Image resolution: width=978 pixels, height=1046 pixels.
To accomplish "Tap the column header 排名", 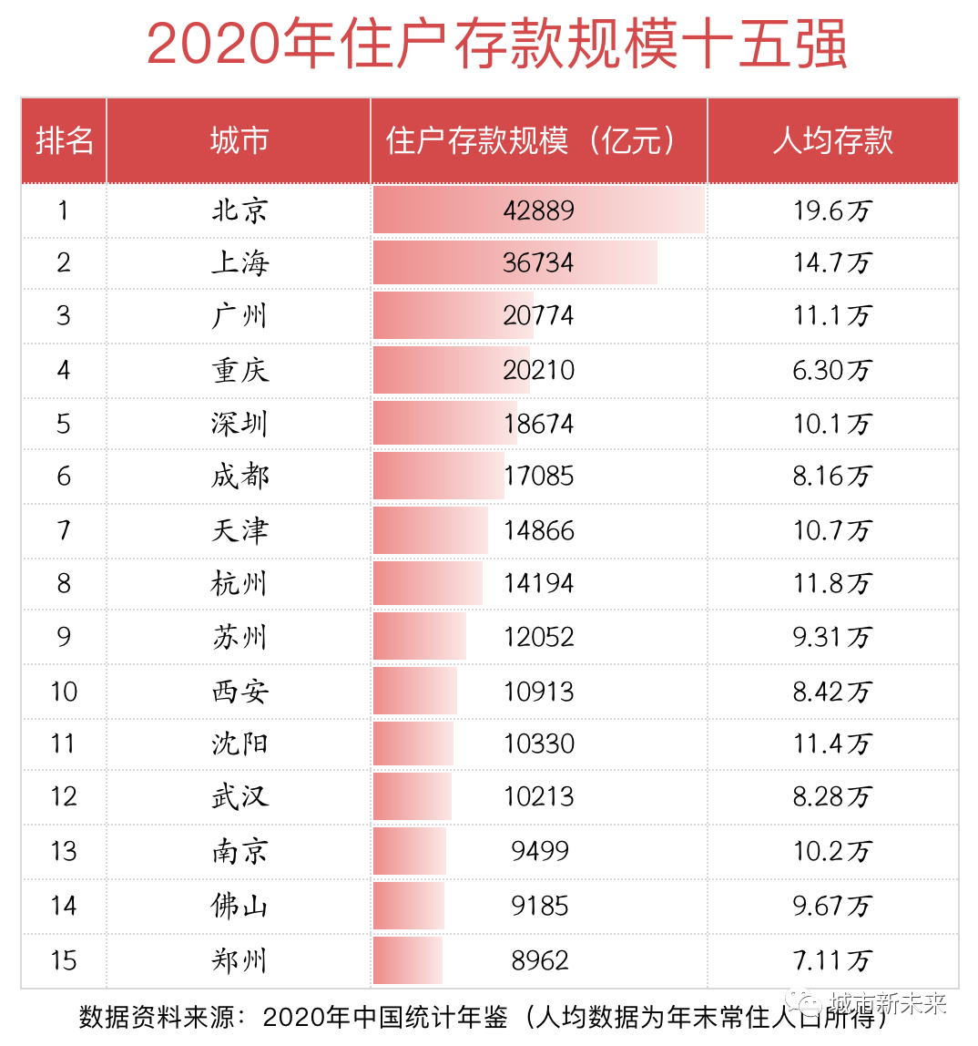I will click(64, 141).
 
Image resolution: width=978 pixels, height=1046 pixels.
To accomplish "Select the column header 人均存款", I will click(832, 141).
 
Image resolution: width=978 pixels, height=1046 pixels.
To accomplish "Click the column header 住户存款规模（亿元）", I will click(538, 141).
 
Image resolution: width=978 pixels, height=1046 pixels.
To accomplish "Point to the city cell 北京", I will click(239, 210).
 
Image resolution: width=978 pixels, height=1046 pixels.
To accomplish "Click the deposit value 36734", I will click(538, 263).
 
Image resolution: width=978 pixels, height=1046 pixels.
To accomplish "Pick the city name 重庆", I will click(239, 370).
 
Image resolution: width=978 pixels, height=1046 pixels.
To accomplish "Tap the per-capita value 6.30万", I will click(832, 370).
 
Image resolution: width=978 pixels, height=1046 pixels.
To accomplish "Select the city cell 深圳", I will click(239, 424).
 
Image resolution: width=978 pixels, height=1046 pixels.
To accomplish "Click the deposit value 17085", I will click(538, 477).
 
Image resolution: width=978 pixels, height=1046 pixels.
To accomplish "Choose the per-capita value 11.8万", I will click(832, 583).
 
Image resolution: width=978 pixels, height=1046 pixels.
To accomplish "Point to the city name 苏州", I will click(239, 637).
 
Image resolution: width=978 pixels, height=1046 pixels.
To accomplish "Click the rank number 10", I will click(64, 692).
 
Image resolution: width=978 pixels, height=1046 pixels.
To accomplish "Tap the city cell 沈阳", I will click(239, 743).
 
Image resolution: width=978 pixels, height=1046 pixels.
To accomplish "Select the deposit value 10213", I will click(538, 797).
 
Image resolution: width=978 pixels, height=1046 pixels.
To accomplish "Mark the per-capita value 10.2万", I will click(832, 851).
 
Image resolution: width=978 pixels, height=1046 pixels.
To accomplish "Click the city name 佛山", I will click(239, 906).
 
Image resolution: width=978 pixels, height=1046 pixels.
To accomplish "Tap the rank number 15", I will click(64, 960).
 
